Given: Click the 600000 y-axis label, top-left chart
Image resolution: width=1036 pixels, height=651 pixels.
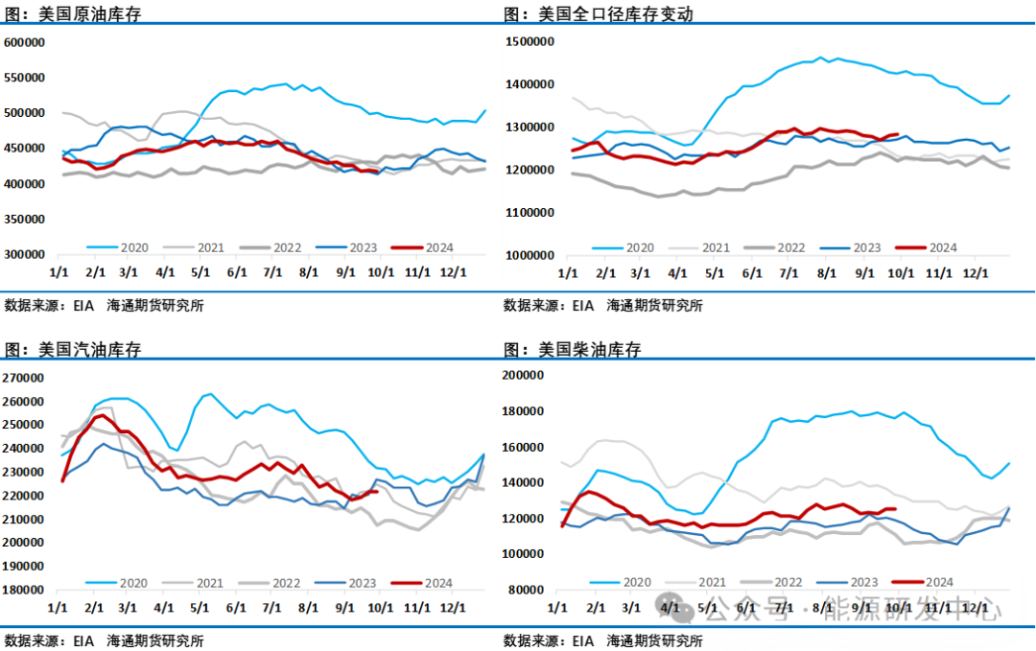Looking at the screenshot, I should (26, 42).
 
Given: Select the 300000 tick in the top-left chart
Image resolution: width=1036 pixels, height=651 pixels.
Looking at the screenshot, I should (26, 254).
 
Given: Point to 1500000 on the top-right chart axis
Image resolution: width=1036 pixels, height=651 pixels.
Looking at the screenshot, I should (530, 42).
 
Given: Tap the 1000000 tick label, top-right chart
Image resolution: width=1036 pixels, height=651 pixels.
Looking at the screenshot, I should (530, 255).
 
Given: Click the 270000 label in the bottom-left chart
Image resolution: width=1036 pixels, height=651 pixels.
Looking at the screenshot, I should (26, 377).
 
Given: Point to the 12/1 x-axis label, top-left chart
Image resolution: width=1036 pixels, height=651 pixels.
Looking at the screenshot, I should (452, 272).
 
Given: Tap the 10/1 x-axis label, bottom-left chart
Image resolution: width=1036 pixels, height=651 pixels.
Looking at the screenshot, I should (380, 607).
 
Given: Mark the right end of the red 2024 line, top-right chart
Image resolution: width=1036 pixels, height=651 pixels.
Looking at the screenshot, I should (897, 134).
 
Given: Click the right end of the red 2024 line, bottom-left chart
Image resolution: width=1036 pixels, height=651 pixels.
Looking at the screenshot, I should (378, 491).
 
